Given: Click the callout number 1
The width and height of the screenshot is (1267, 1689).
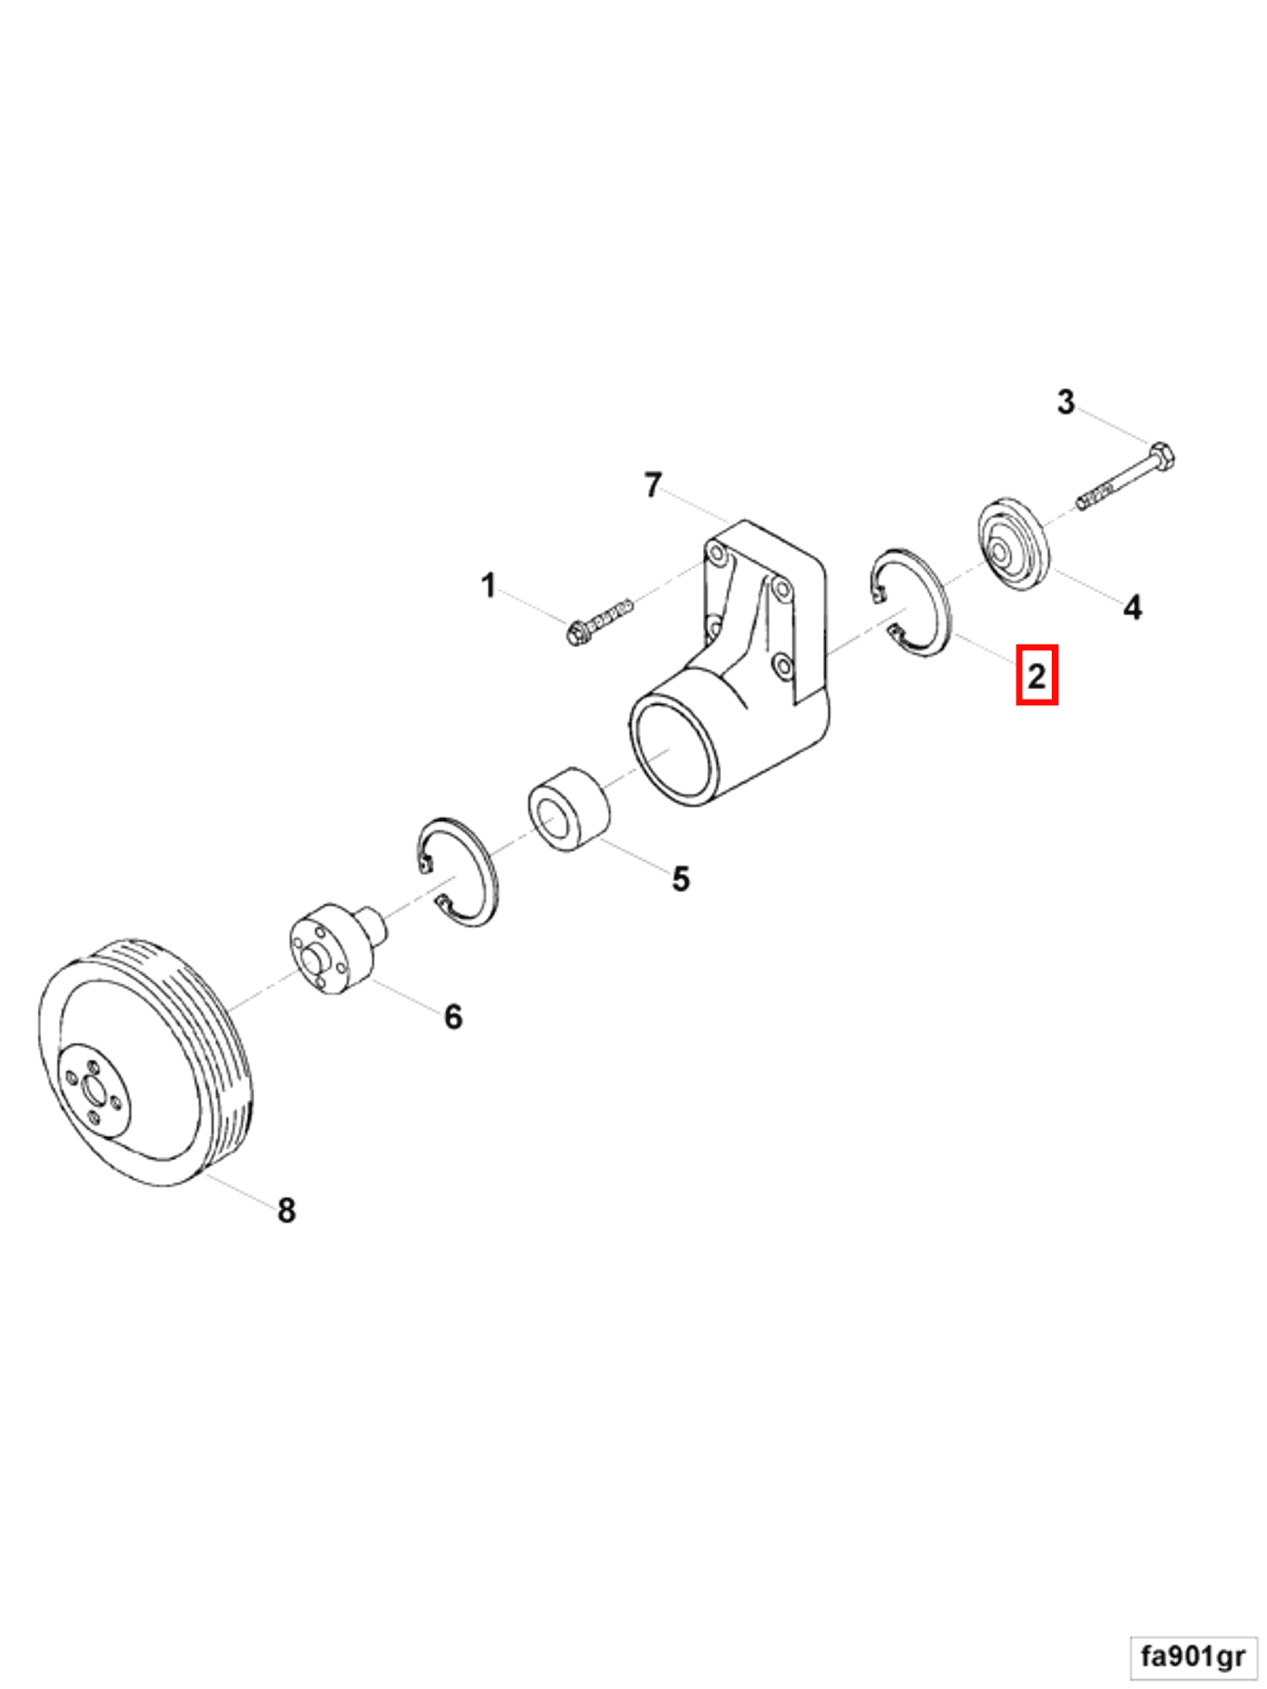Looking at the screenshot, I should coord(488,586).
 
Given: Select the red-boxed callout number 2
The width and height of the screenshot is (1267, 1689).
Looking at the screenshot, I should coord(1035,675).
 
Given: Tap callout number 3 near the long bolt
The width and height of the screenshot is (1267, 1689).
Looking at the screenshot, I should coord(1066,402).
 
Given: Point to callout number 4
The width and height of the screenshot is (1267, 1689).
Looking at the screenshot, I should coord(1132,608).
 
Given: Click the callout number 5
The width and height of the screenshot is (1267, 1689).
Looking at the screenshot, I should coord(680,879).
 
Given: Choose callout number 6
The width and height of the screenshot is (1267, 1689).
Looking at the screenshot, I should coord(453,1017).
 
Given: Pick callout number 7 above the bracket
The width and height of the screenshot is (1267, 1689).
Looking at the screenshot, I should coord(652,485).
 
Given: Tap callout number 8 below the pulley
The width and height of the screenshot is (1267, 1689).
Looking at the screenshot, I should coord(286,1210).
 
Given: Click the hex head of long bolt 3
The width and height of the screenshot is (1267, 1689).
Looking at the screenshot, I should coord(1161,457).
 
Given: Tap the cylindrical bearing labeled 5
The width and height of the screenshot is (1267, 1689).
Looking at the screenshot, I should coord(569,809).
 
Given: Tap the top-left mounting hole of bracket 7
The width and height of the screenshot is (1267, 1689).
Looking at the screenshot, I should coord(716,550).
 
